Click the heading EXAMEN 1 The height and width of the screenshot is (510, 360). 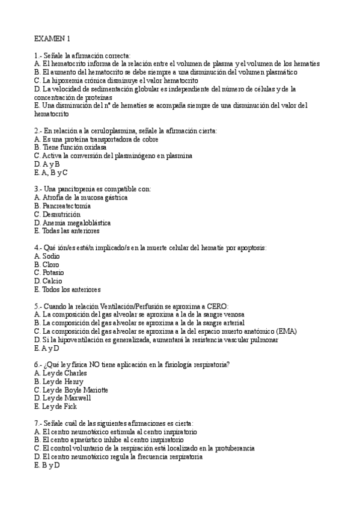[x=52, y=38]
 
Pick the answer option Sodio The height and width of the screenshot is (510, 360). [x=47, y=256]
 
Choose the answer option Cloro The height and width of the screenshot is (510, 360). [x=47, y=264]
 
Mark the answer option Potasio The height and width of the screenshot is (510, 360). [x=49, y=272]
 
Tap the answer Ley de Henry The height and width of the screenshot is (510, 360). [x=58, y=381]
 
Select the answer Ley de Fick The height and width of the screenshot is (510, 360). [x=55, y=407]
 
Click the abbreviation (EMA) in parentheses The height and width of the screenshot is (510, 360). [x=285, y=331]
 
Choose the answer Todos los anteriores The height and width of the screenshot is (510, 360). [x=67, y=289]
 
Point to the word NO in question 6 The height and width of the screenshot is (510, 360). [x=89, y=364]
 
